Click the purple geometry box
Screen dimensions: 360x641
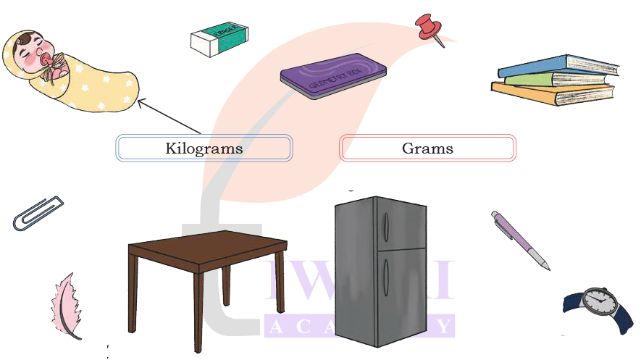coord(333,75)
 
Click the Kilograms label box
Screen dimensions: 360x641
coord(204,148)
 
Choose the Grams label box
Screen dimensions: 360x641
coord(427,148)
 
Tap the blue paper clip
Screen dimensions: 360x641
coord(38,213)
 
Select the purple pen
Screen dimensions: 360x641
coord(519,239)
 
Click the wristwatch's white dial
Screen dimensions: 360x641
coord(598,298)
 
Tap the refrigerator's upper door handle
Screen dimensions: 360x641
coord(385,226)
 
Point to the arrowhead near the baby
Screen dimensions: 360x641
coord(142,103)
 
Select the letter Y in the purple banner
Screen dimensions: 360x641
coord(441,327)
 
